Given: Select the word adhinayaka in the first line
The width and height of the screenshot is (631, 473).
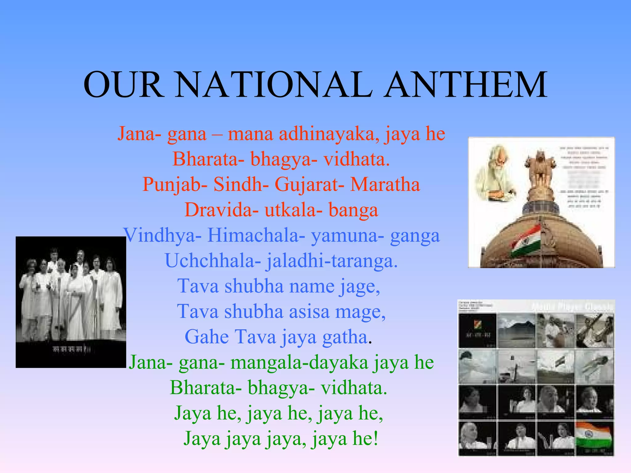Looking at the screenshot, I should (329, 134).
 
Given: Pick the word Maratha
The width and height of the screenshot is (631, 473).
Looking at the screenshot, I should (385, 185).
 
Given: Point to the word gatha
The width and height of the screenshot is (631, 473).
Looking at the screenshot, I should (345, 337).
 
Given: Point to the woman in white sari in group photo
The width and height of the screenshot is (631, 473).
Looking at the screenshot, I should (75, 296).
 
